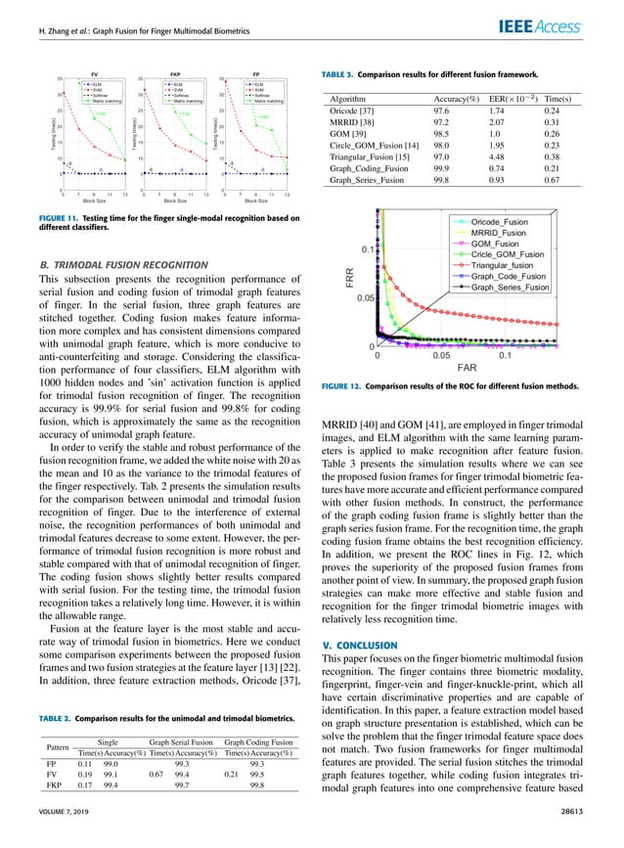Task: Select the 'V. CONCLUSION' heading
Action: coord(360,645)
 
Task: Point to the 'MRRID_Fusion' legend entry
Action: coord(499,236)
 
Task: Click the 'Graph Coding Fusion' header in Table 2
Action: coord(258,741)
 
